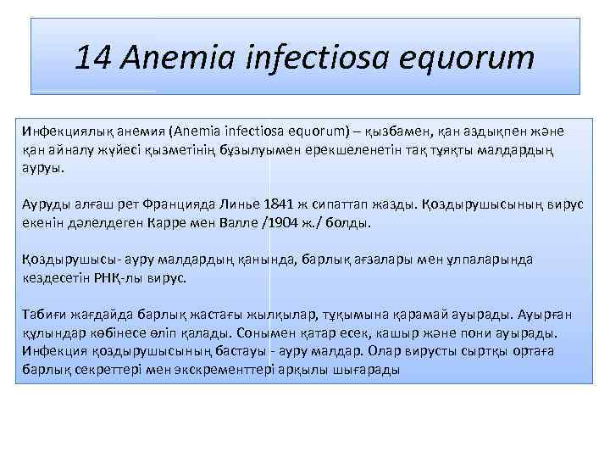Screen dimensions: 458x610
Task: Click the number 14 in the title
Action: [93, 58]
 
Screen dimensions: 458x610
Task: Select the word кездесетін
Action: [56, 278]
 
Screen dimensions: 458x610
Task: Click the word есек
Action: [392, 333]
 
